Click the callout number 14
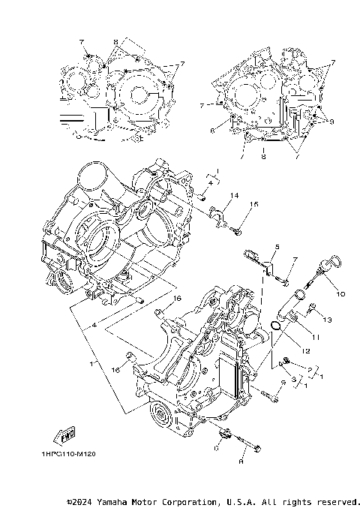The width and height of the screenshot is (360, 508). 234,196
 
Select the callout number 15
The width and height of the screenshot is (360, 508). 254,205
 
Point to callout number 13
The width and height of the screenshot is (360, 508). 327,320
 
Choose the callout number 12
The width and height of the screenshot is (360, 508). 306,350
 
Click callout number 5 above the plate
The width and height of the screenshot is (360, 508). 276,247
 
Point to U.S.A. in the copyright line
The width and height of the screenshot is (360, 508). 238,500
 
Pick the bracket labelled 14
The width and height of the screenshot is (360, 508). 219,215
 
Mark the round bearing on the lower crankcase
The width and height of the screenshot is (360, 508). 159,413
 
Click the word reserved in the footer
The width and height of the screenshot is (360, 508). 335,500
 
